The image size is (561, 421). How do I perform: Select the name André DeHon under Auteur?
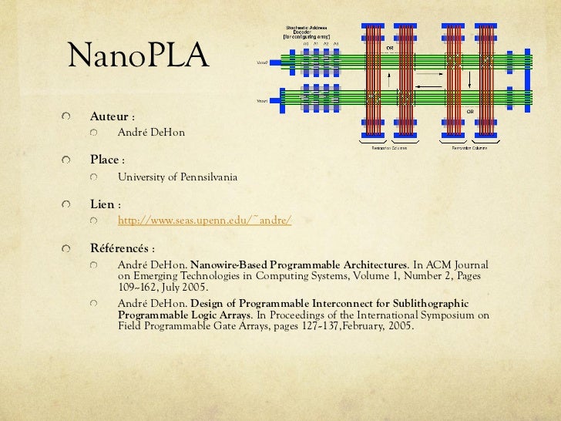pyautogui.click(x=151, y=133)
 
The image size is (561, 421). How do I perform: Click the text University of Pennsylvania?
pyautogui.click(x=176, y=177)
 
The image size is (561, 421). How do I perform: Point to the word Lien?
pyautogui.click(x=103, y=205)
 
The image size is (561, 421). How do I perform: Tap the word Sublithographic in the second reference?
pyautogui.click(x=429, y=303)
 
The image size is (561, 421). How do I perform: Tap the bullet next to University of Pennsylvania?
pyautogui.click(x=94, y=177)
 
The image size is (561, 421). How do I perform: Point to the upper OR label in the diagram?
pyautogui.click(x=390, y=48)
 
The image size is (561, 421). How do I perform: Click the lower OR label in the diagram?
pyautogui.click(x=469, y=113)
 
